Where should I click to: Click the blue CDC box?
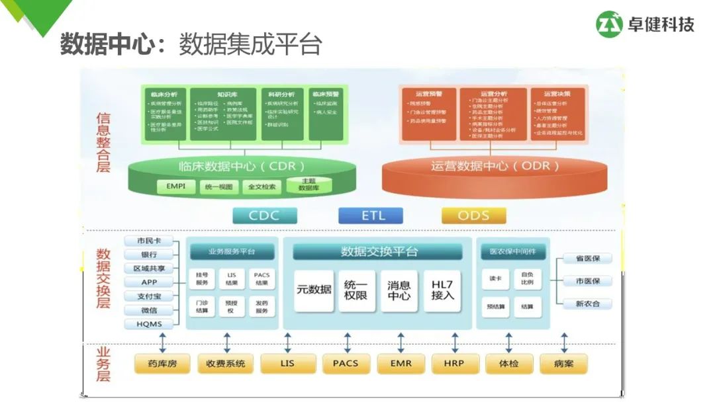pos(264,216)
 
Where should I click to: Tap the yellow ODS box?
pos(473,216)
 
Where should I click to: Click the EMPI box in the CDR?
pos(176,187)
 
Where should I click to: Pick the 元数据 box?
pos(314,290)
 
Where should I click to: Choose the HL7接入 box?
pos(442,290)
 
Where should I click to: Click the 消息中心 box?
pos(399,290)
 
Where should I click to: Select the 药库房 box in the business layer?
pos(162,364)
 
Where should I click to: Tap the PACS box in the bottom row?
pos(346,364)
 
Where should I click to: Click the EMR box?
pos(401,364)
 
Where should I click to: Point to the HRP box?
pos(454,364)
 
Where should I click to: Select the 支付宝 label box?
pos(149,296)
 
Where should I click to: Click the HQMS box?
pos(149,324)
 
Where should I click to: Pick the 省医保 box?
pos(588,259)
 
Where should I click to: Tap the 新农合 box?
pos(588,303)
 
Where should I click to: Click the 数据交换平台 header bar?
pos(378,252)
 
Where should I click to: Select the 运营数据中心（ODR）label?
pos(495,166)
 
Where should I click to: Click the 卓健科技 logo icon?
pos(609,24)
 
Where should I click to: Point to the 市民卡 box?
pos(149,241)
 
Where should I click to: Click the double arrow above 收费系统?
pos(227,342)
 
